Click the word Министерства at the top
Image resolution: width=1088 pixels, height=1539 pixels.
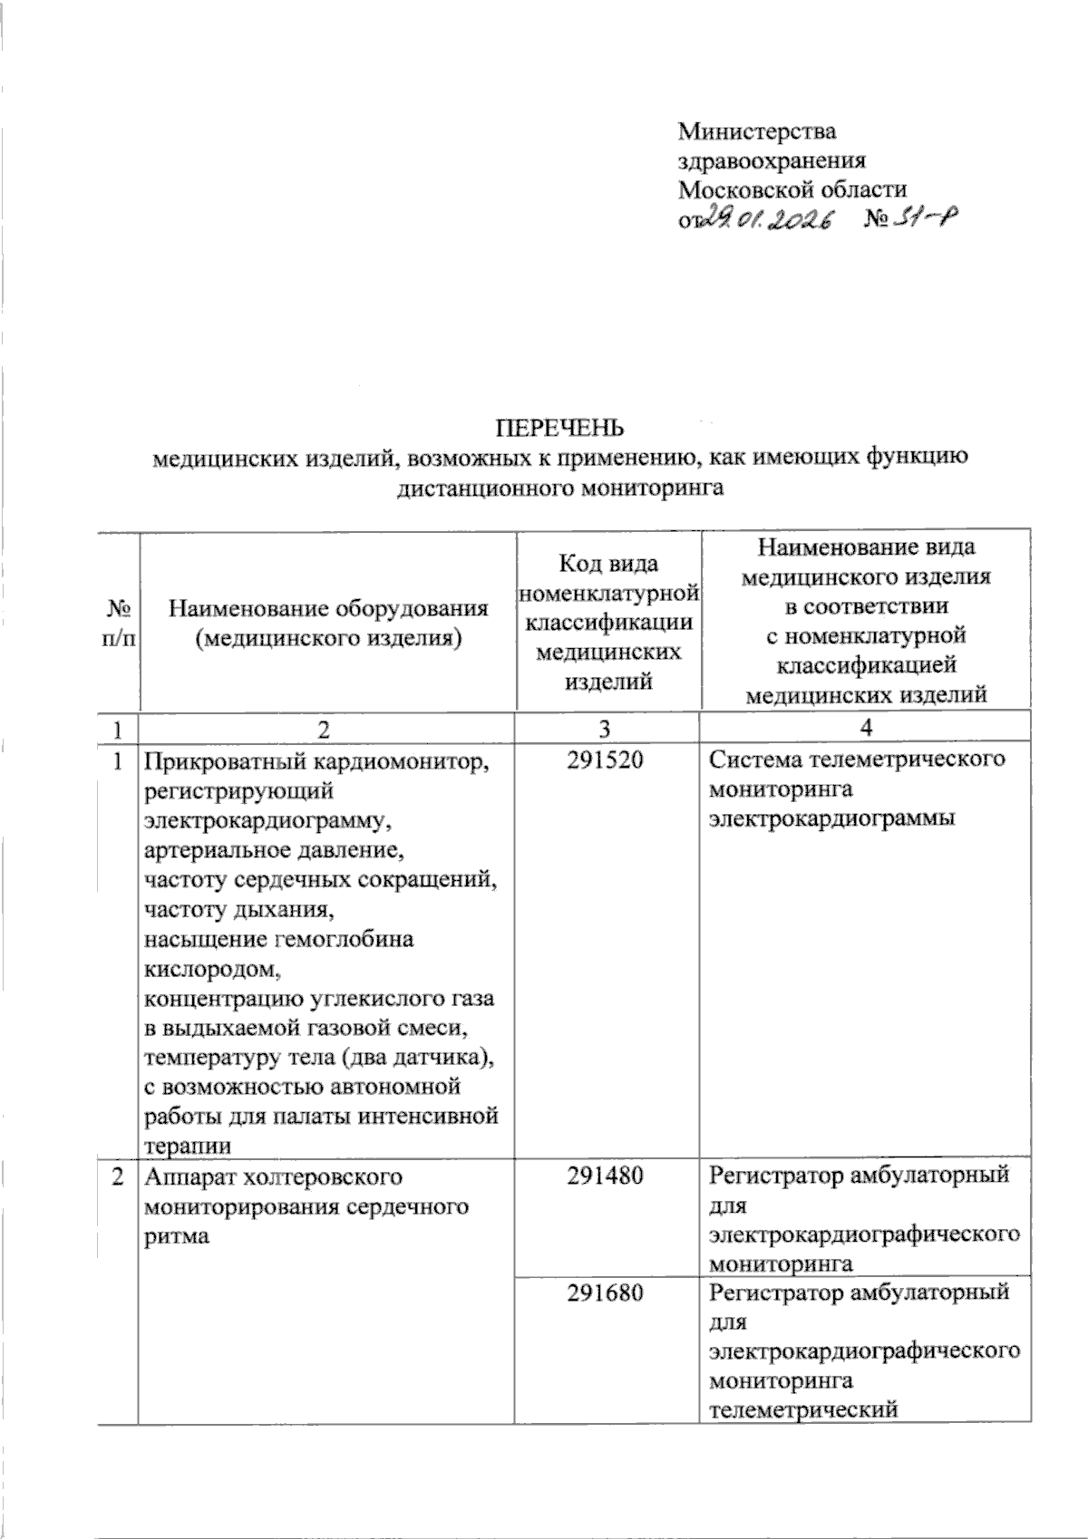click(x=757, y=131)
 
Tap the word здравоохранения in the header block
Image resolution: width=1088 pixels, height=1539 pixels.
click(x=772, y=160)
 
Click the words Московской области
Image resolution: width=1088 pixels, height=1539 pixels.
click(x=792, y=189)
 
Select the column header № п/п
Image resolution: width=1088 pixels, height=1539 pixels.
click(x=118, y=622)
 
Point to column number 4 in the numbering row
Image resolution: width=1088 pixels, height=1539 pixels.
click(x=866, y=728)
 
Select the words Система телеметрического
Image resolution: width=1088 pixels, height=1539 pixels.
click(x=857, y=760)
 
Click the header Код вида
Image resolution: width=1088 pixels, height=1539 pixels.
click(x=607, y=564)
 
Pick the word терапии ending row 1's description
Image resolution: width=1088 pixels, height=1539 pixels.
click(x=188, y=1146)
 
